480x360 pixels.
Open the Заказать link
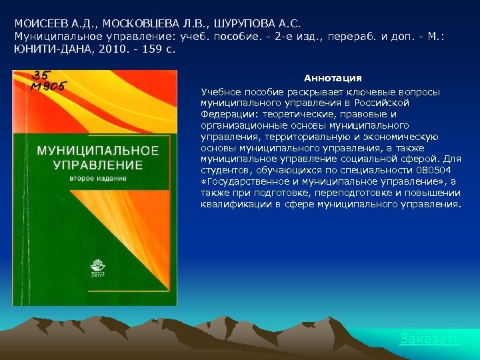(x=430, y=339)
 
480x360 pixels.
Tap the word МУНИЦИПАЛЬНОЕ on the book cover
(x=97, y=151)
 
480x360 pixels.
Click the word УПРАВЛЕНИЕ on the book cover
(x=89, y=165)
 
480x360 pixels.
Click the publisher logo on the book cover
(x=97, y=270)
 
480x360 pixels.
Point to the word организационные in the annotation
(x=237, y=125)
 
